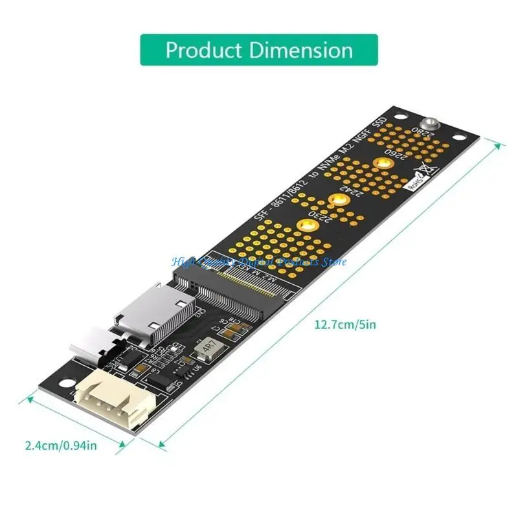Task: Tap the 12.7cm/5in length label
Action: pos(344,324)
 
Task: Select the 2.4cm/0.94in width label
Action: pos(61,445)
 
